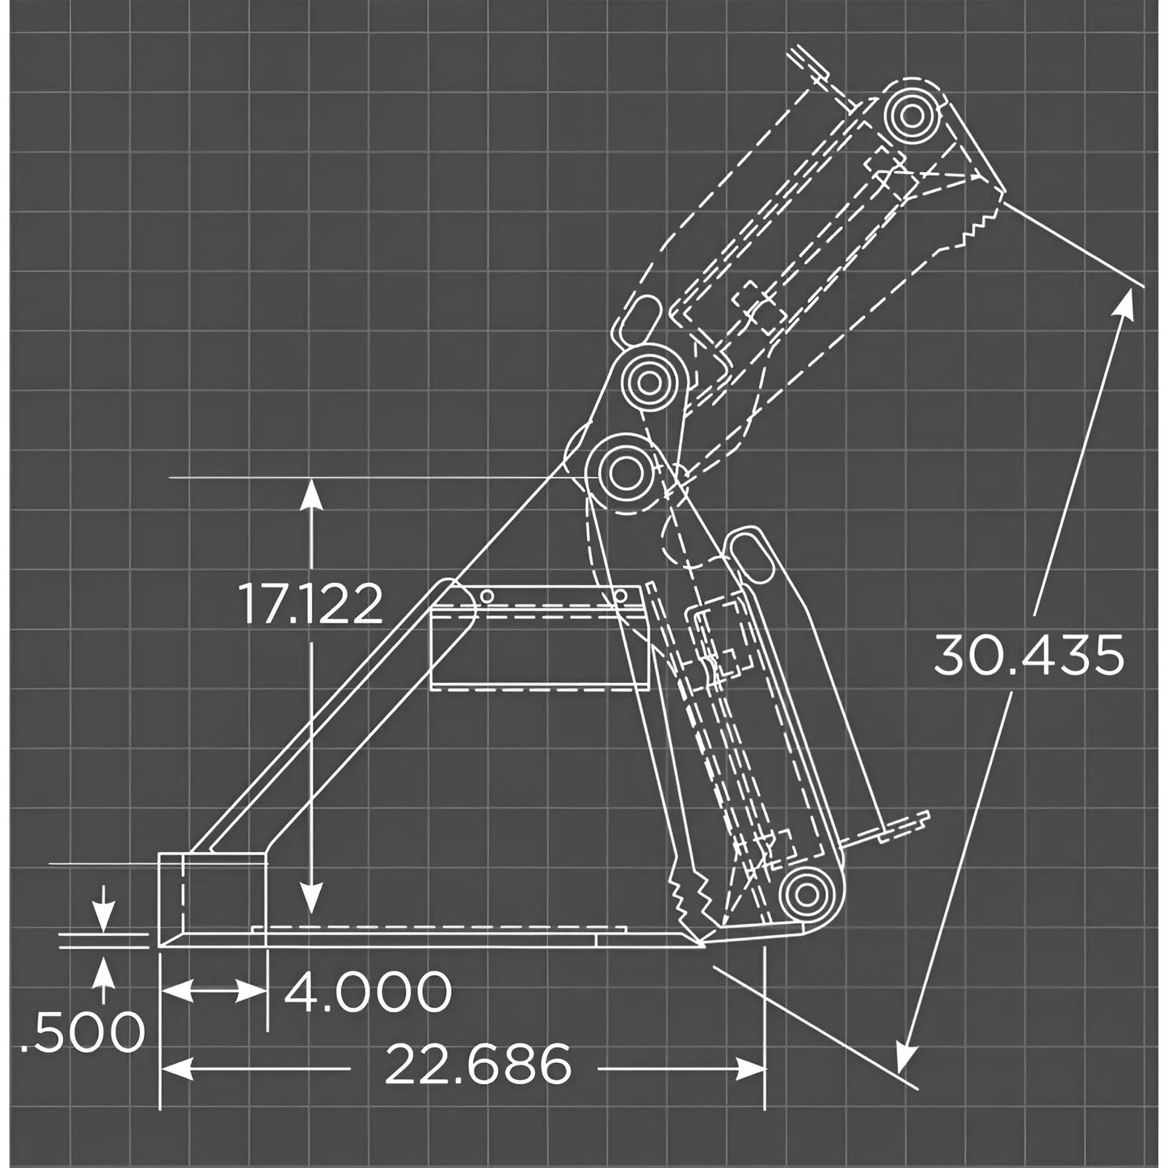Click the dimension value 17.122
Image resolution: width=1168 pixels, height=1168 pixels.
pyautogui.click(x=310, y=605)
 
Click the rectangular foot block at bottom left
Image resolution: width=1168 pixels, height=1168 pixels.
pyautogui.click(x=213, y=897)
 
